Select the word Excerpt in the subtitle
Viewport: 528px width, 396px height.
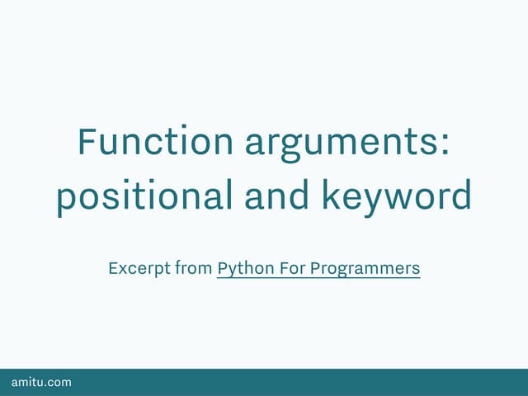(139, 269)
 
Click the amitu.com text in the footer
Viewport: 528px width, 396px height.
(41, 382)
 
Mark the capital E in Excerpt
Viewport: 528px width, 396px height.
(113, 268)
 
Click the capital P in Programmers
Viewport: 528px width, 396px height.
(318, 268)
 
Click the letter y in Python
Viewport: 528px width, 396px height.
(232, 271)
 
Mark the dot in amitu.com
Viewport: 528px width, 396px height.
(46, 385)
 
